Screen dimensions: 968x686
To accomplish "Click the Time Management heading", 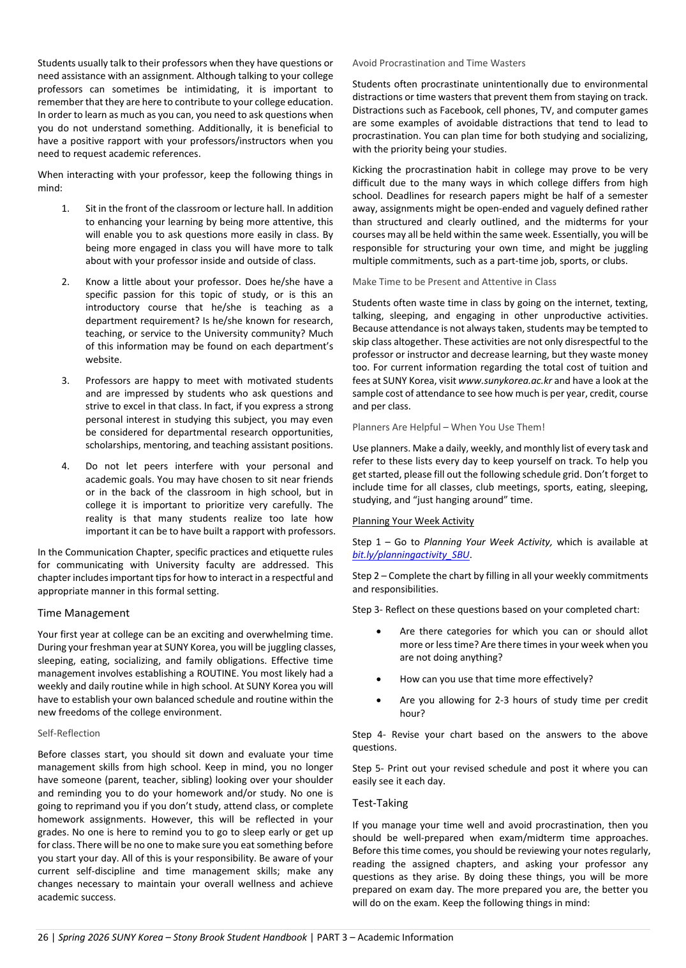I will pos(83,613).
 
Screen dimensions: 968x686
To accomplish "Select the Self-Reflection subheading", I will pos(69,733).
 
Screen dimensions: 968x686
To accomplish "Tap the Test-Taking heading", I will pos(380,803).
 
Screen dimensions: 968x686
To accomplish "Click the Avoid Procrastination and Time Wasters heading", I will pos(439,63).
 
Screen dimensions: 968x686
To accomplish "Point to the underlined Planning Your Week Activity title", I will pos(413,521).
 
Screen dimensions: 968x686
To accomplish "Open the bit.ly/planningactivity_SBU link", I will pos(411,555).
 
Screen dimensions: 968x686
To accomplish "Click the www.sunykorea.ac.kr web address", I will pos(505,381).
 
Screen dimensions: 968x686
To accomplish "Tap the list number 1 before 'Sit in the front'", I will pos(65,209).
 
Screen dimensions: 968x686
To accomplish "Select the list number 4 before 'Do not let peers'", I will pos(65,466).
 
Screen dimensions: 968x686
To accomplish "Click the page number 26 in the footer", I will pos(43,937).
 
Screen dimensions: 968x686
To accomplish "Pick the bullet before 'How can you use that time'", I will pos(379,679).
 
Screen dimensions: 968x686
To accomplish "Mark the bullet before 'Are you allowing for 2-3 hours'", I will pos(379,700).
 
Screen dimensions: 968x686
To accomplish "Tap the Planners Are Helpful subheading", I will pos(449,427).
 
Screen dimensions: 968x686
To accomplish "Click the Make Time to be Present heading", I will pos(454,282).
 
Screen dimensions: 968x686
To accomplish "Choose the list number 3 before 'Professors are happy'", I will pos(65,381).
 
